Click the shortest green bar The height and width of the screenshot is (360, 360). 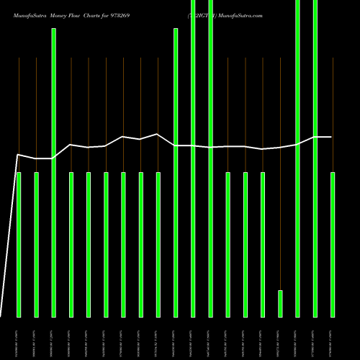280,303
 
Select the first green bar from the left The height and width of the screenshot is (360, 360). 19,245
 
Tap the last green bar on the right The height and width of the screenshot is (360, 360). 333,245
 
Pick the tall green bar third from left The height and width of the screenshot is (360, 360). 54,173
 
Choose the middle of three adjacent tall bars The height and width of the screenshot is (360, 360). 193,158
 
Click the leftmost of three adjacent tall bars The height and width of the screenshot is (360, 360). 176,173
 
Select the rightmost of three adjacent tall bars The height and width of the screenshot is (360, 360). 210,158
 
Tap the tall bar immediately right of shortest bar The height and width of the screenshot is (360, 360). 297,158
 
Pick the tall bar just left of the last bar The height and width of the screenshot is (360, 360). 315,158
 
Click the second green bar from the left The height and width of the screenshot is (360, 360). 36,245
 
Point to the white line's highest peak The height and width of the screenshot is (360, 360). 157,134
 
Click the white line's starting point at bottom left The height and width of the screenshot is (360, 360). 1,315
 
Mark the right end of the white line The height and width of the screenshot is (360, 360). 332,137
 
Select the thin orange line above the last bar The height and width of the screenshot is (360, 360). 333,115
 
